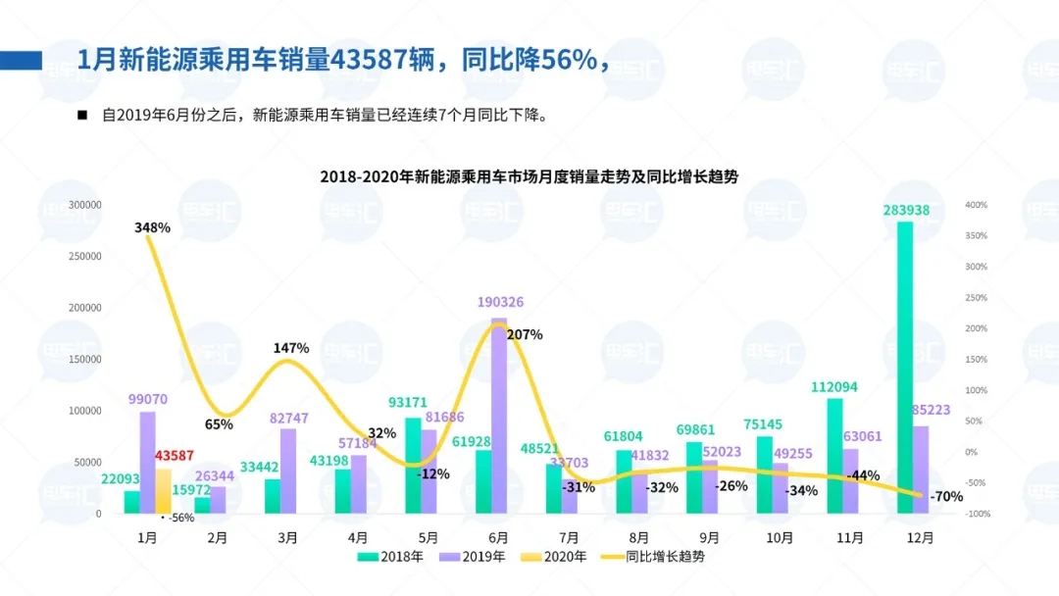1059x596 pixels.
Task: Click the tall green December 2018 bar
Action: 905,368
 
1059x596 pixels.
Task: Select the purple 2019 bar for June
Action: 499,417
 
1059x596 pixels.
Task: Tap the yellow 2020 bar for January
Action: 163,490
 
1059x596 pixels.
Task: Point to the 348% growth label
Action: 152,227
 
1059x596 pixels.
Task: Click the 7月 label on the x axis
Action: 569,537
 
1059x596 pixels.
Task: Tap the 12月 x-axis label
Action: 920,537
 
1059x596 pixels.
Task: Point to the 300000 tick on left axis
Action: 84,205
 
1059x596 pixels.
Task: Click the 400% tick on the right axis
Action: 976,205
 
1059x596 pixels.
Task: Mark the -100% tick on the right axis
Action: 978,514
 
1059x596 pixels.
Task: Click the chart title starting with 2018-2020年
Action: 529,177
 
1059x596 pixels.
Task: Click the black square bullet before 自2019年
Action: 82,115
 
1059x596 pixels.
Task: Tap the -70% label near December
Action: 948,496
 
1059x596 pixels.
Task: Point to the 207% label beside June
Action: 526,334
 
